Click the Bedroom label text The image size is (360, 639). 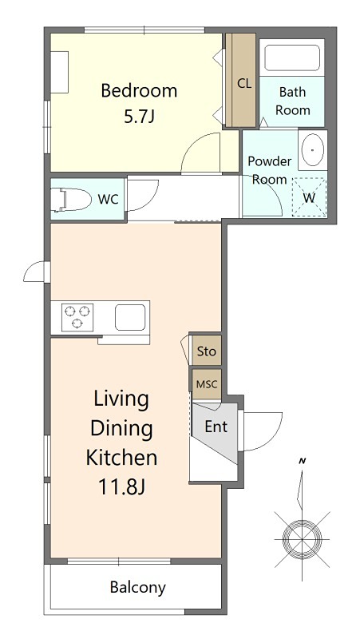(139, 90)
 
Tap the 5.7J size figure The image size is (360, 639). (139, 117)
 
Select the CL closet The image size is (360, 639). (241, 80)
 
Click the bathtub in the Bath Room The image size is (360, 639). (291, 58)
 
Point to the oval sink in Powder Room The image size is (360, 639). (312, 150)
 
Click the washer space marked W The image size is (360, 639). (310, 197)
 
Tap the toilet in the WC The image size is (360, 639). (73, 200)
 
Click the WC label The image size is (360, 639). (109, 200)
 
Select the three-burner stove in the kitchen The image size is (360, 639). (77, 317)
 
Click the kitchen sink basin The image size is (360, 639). (130, 317)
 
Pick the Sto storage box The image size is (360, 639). (207, 351)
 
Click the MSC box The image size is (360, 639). (207, 384)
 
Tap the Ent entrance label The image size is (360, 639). (216, 427)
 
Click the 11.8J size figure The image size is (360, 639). (121, 486)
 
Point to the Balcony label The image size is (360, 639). (137, 587)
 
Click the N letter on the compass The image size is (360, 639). (303, 462)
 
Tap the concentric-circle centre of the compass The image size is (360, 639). (303, 538)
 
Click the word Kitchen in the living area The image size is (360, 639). (121, 457)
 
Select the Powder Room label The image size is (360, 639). (270, 170)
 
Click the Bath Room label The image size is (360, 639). (292, 101)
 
